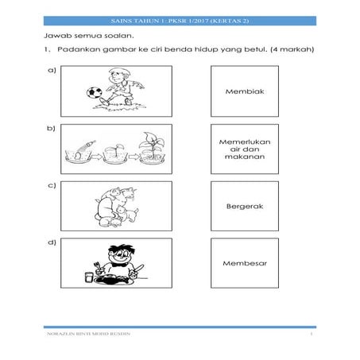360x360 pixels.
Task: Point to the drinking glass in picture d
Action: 88,275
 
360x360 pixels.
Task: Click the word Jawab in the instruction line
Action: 54,37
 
